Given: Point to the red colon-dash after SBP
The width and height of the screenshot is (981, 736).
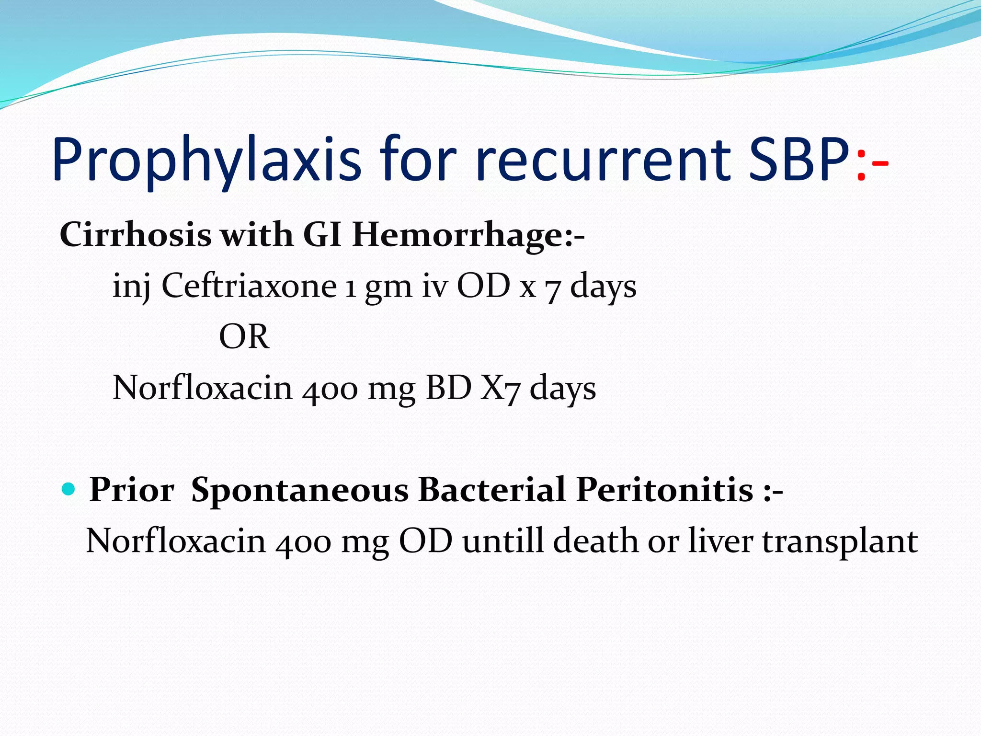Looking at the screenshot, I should (872, 165).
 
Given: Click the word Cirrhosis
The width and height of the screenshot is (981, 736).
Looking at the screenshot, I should (135, 235).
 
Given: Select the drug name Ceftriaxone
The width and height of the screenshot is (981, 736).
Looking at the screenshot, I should (249, 286).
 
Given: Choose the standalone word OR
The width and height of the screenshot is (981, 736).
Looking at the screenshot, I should (244, 336).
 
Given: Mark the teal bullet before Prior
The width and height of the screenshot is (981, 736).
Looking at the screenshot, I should (69, 489).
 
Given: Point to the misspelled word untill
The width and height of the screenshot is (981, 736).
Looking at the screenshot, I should (503, 541).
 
